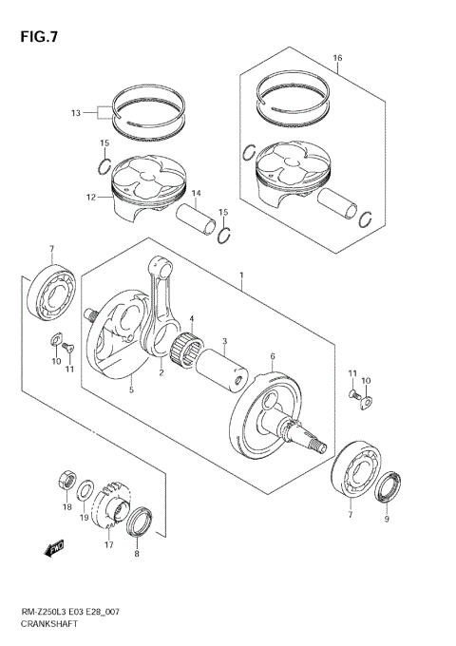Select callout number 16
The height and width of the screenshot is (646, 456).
[337, 59]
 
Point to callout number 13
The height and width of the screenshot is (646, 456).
[75, 112]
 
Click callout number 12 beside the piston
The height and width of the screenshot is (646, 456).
[91, 198]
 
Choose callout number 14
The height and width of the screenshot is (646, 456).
[195, 194]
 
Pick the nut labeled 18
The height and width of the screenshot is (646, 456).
[66, 479]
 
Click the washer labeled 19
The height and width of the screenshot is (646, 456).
[86, 491]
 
